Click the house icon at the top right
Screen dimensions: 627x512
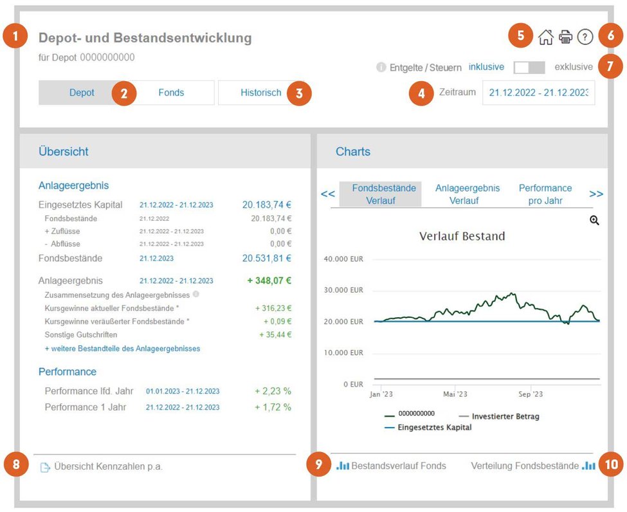[545, 37]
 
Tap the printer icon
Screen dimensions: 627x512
[565, 37]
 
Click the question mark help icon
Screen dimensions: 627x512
[585, 37]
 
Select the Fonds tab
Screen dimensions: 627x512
[171, 93]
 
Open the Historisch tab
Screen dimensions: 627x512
[260, 93]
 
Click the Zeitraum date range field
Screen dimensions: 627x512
[539, 93]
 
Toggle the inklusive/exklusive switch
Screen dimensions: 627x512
[529, 67]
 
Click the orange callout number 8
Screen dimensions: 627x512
[16, 464]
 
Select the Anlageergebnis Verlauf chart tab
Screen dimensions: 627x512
[467, 194]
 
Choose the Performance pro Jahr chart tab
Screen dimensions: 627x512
[545, 194]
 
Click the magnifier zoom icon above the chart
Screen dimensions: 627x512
[594, 220]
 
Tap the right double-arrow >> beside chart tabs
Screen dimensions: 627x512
[595, 194]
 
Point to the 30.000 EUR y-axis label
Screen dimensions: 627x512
[343, 290]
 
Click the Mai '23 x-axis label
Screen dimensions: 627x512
[455, 394]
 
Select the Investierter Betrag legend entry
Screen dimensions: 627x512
[499, 416]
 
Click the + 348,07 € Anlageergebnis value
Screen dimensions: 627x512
[269, 281]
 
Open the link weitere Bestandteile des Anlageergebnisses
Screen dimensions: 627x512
[122, 349]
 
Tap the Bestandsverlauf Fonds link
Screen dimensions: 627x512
[391, 466]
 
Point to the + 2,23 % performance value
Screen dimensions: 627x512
[273, 391]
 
